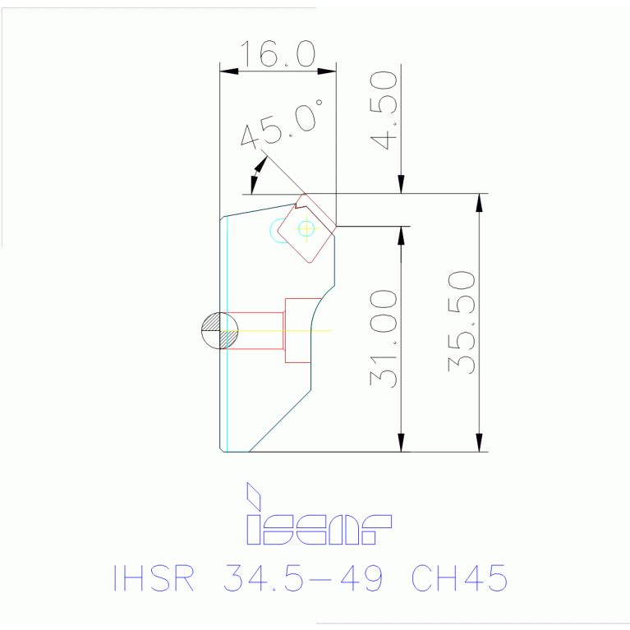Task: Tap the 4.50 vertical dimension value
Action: (384, 110)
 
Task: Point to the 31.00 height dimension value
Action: (384, 338)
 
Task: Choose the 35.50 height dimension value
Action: (462, 323)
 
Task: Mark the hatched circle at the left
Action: (219, 331)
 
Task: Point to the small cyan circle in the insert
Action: (306, 228)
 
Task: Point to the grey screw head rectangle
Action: (297, 330)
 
